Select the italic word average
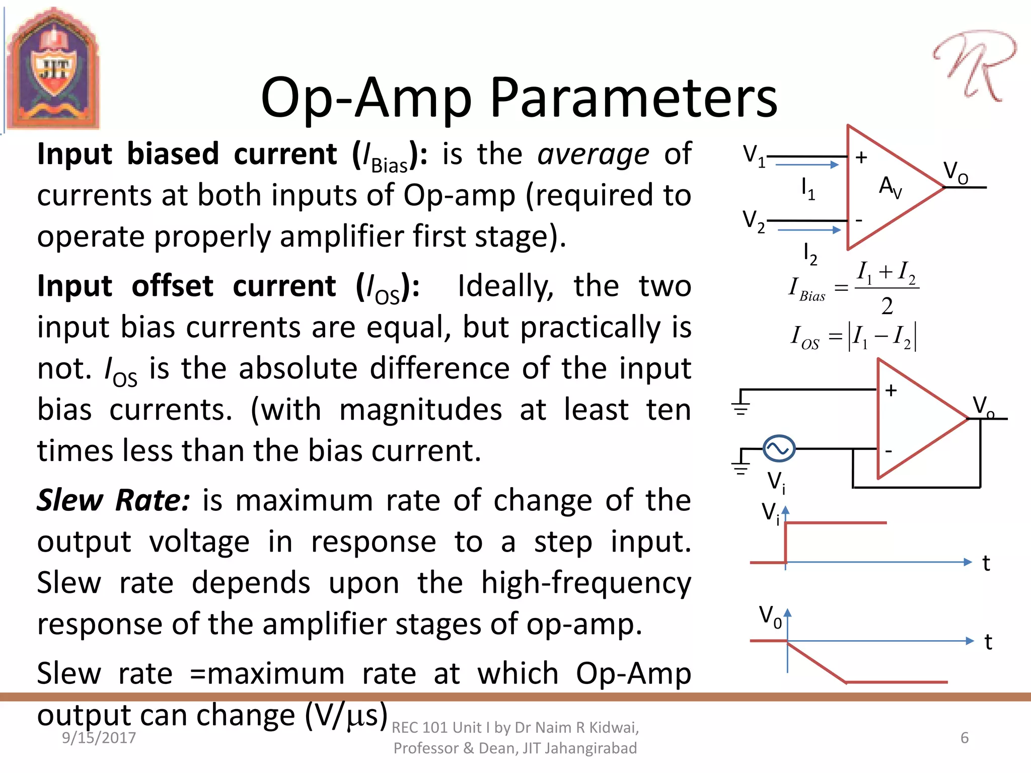(x=593, y=154)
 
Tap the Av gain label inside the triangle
(x=890, y=187)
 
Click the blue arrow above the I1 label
(x=807, y=165)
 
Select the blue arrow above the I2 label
(x=809, y=230)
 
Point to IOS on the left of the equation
(x=804, y=337)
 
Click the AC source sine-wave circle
(x=779, y=448)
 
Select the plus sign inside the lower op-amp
(x=891, y=391)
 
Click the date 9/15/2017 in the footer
(x=99, y=738)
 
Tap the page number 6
(x=965, y=738)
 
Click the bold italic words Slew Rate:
(x=114, y=501)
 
